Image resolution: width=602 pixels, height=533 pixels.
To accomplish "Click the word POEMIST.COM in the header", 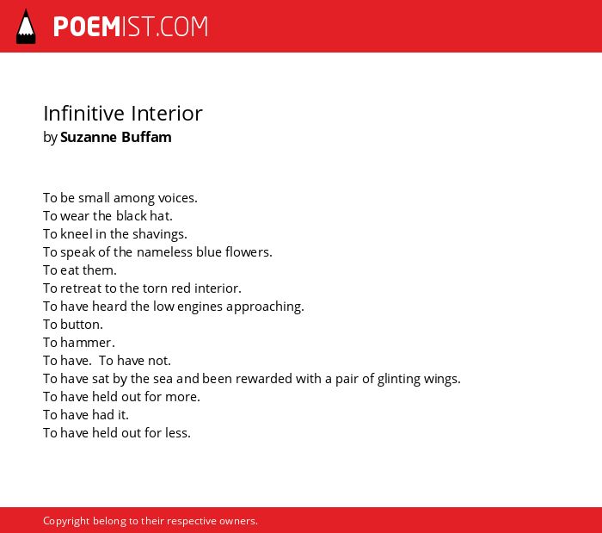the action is [131, 27].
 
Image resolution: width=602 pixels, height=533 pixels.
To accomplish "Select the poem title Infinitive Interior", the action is [123, 114].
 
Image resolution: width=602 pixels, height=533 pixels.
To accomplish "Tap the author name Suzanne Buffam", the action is [115, 137].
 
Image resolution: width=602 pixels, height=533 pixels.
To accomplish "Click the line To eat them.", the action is [80, 270].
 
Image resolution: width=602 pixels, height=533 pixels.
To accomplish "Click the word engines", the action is [200, 307].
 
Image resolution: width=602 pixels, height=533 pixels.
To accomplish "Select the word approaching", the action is [265, 307].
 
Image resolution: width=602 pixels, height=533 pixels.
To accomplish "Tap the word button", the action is [82, 325].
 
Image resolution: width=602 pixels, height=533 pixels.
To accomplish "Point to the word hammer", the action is [88, 343].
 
